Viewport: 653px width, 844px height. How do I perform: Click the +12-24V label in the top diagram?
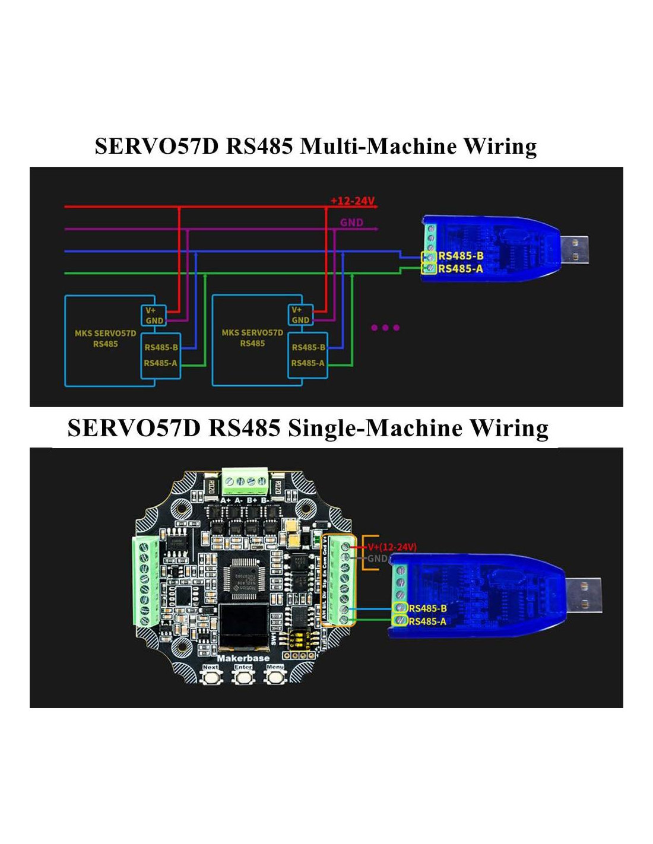[353, 201]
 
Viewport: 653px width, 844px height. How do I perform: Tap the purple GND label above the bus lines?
[351, 223]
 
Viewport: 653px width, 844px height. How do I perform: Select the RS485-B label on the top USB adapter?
[461, 256]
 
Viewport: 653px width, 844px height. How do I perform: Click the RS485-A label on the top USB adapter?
[461, 269]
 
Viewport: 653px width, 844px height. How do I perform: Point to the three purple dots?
[385, 327]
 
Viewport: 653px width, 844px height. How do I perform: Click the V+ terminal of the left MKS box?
[151, 310]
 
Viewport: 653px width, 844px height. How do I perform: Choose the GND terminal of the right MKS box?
[300, 320]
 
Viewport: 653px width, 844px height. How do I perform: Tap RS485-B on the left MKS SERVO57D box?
[161, 347]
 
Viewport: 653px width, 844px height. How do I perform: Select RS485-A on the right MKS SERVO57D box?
[308, 363]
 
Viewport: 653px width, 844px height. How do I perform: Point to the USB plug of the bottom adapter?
[583, 595]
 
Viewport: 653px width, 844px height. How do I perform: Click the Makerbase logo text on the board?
[243, 658]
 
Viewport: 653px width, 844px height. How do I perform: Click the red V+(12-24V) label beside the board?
[392, 547]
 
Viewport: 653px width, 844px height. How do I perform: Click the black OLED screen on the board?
[243, 627]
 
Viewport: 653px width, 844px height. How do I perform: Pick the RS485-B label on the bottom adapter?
[427, 608]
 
